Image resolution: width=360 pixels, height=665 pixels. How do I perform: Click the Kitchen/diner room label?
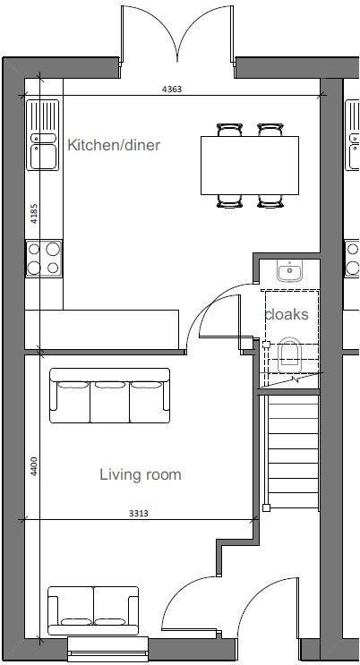pyautogui.click(x=114, y=144)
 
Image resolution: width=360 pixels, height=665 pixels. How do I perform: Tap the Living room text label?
pyautogui.click(x=140, y=474)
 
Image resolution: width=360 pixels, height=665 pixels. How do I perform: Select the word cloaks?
pyautogui.click(x=286, y=314)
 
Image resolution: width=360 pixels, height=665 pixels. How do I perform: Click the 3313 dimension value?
pyautogui.click(x=137, y=513)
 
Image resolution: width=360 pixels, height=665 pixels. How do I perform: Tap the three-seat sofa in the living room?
pyautogui.click(x=109, y=396)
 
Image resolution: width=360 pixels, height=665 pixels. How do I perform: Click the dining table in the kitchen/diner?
pyautogui.click(x=250, y=165)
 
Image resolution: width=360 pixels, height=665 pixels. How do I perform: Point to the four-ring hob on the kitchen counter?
pyautogui.click(x=44, y=258)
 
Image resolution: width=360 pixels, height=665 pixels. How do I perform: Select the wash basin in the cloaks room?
pyautogui.click(x=289, y=272)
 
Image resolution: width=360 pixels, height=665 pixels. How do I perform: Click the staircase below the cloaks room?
pyautogui.click(x=292, y=452)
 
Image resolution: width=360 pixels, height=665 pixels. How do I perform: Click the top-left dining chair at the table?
pyautogui.click(x=230, y=130)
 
